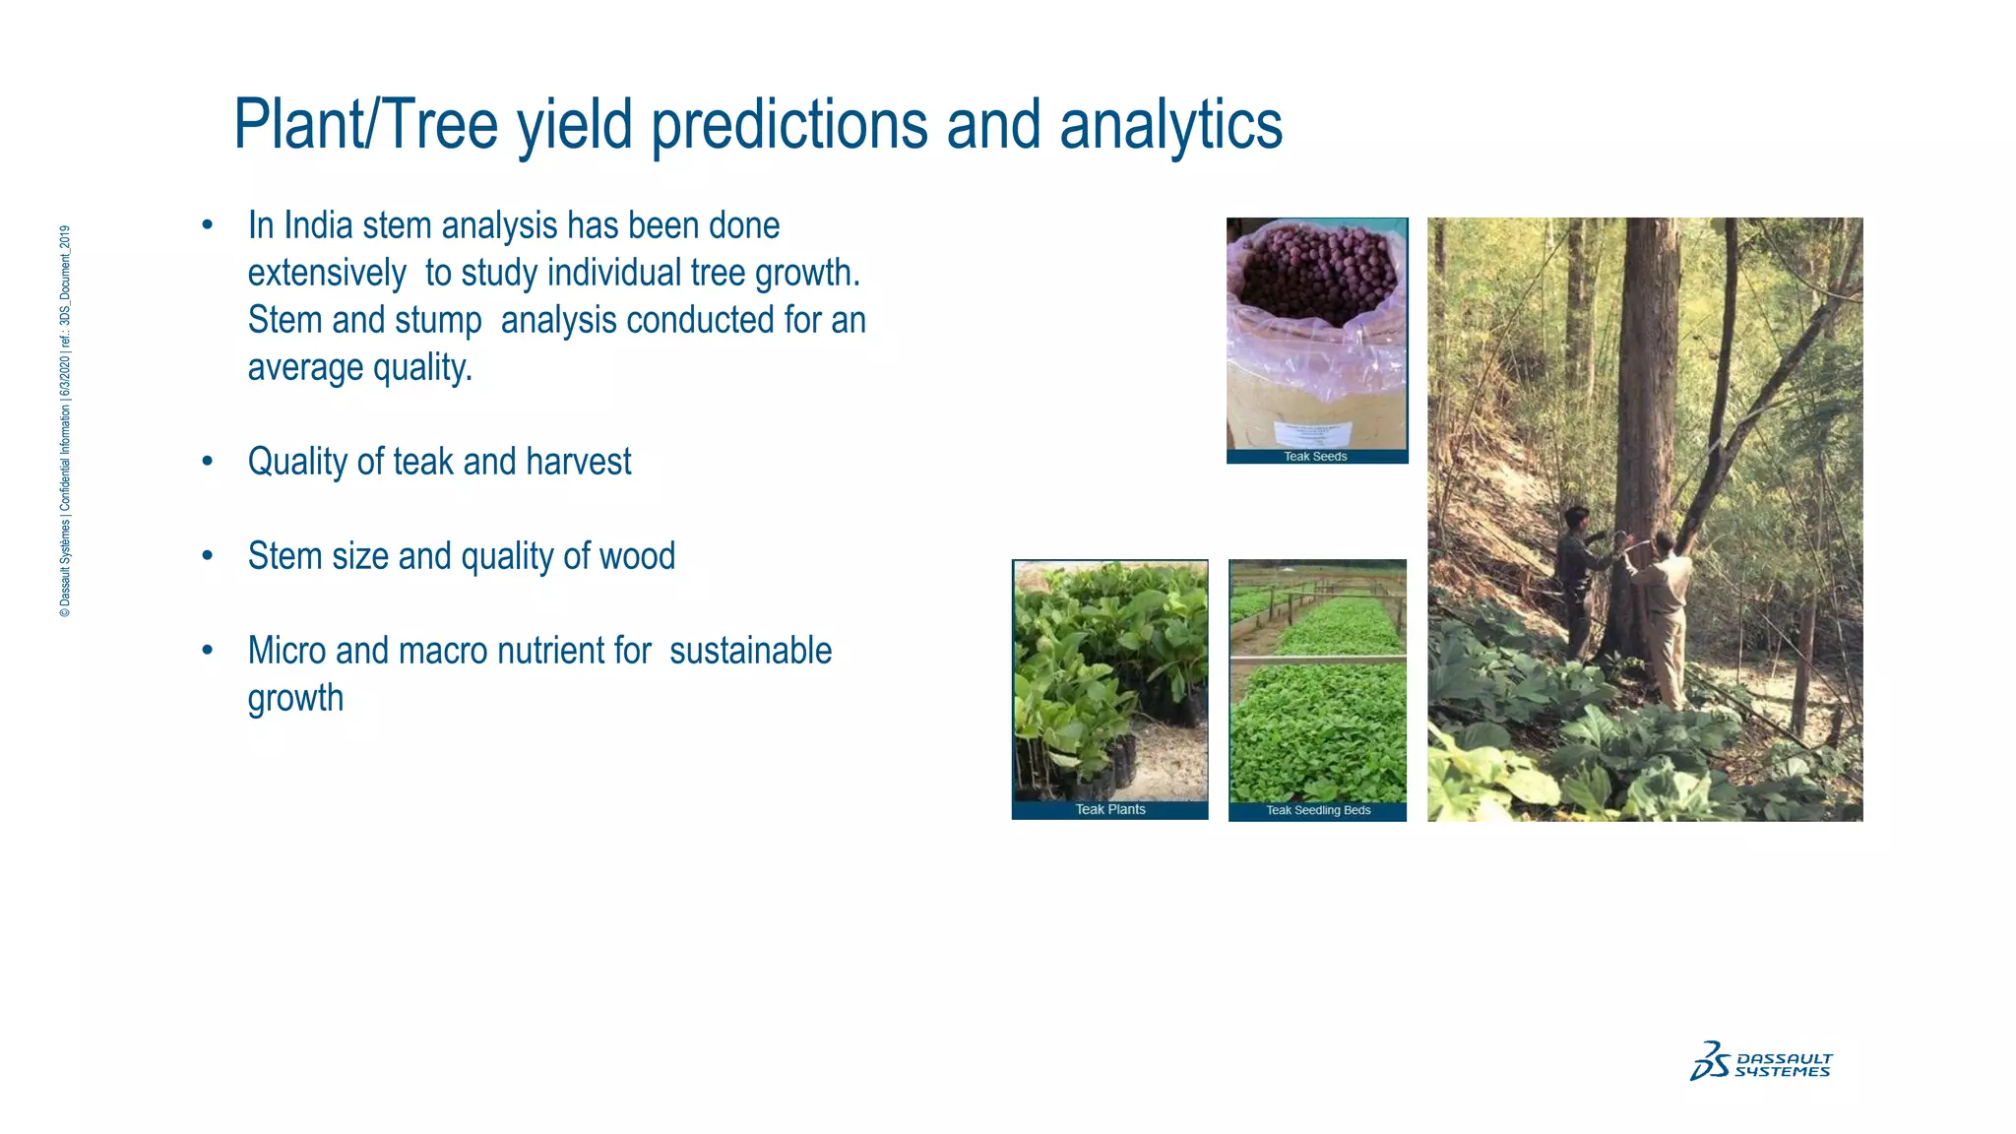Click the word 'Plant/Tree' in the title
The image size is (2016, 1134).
pyautogui.click(x=365, y=125)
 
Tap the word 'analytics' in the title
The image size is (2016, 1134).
pyautogui.click(x=1170, y=125)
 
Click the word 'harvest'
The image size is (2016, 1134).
pyautogui.click(x=578, y=462)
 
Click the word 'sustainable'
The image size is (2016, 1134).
pyautogui.click(x=750, y=651)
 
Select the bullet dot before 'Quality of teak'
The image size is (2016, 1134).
pyautogui.click(x=207, y=462)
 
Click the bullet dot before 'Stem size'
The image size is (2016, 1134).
pyautogui.click(x=207, y=556)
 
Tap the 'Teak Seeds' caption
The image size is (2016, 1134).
pyautogui.click(x=1315, y=457)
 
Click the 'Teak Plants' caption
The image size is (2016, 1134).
pyautogui.click(x=1109, y=809)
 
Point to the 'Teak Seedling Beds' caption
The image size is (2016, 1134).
pyautogui.click(x=1317, y=810)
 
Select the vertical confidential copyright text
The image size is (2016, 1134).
pyautogui.click(x=65, y=421)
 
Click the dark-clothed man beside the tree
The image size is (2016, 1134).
pyautogui.click(x=1577, y=581)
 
